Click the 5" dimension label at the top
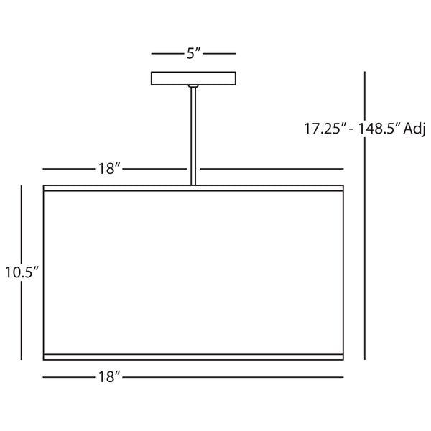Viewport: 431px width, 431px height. point(194,53)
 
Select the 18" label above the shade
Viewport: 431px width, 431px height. point(110,169)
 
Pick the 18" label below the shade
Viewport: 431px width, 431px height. point(110,376)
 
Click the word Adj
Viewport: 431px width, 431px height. point(414,129)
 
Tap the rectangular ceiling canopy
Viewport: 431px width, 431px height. point(193,78)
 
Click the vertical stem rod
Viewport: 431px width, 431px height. point(193,136)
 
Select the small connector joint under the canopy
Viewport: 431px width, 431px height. point(193,86)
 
